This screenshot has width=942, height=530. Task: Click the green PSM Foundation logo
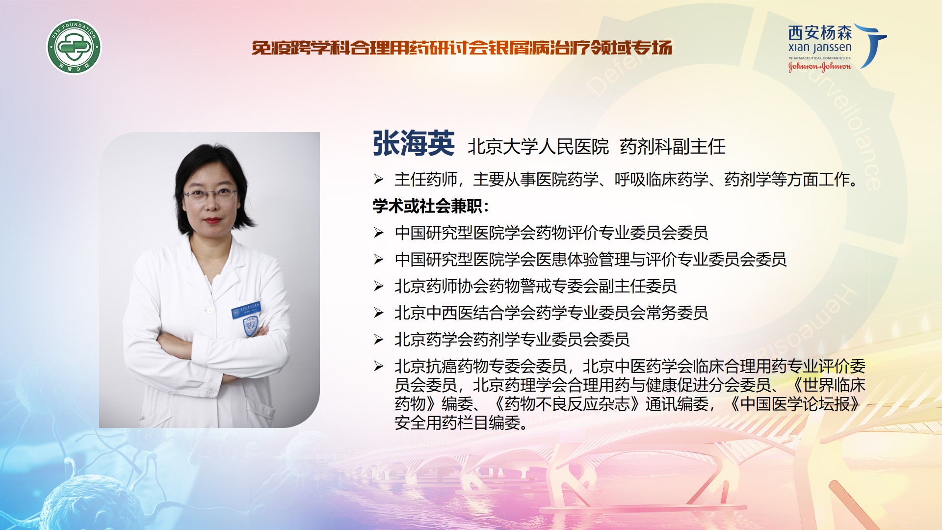74,47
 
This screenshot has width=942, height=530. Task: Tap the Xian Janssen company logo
837,47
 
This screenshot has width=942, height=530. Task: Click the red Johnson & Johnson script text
819,67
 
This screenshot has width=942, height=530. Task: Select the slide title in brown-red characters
462,48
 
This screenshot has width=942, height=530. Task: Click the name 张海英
414,144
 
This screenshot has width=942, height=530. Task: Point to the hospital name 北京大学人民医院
538,147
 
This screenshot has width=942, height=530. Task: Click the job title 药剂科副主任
673,147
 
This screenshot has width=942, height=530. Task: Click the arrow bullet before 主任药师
378,179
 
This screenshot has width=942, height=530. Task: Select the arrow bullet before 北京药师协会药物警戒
378,286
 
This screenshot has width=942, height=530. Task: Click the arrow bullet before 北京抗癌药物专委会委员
378,366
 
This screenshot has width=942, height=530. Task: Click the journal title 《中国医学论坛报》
795,404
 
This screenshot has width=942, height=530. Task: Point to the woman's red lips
212,220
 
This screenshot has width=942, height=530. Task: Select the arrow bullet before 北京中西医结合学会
378,313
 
